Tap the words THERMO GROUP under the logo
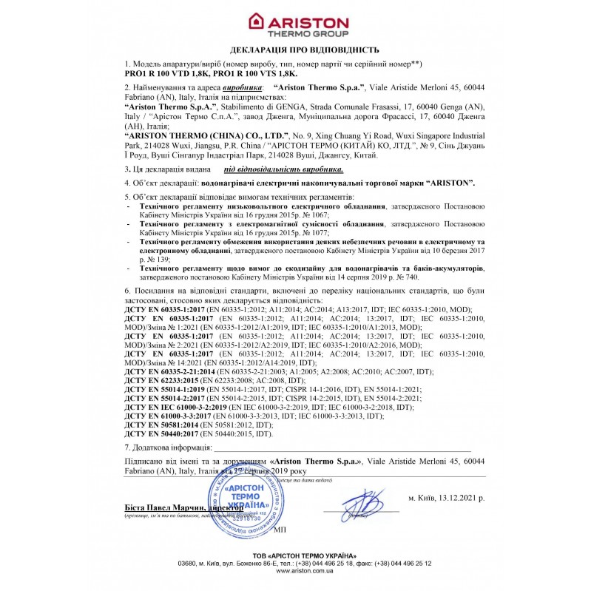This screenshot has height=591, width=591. coord(308,34)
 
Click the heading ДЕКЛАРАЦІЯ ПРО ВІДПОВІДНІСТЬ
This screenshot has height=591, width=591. coord(294,50)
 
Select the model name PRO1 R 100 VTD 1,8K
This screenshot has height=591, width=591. coord(166,75)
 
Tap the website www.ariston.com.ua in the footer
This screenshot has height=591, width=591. coord(295,571)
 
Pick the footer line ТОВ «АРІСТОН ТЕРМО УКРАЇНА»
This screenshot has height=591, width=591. coord(295,555)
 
